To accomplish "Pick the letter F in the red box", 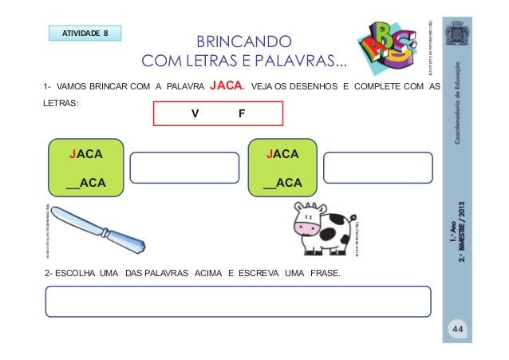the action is coord(242,114).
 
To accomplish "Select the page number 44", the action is coord(457,330).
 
